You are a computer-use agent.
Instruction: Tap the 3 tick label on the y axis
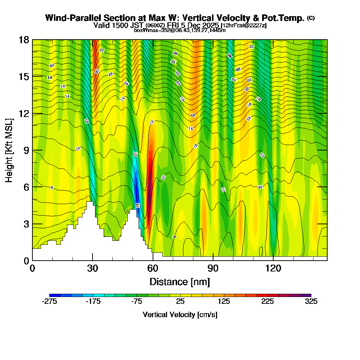coord(26,224)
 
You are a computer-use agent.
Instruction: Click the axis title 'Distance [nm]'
coord(180,281)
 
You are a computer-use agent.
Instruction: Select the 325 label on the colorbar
coord(311,302)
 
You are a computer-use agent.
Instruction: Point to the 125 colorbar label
coord(224,302)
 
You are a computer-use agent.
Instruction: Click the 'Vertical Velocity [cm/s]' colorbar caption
coord(180,315)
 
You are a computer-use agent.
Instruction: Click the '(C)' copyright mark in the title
coord(311,18)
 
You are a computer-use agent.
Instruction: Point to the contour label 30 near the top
coord(251,47)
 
